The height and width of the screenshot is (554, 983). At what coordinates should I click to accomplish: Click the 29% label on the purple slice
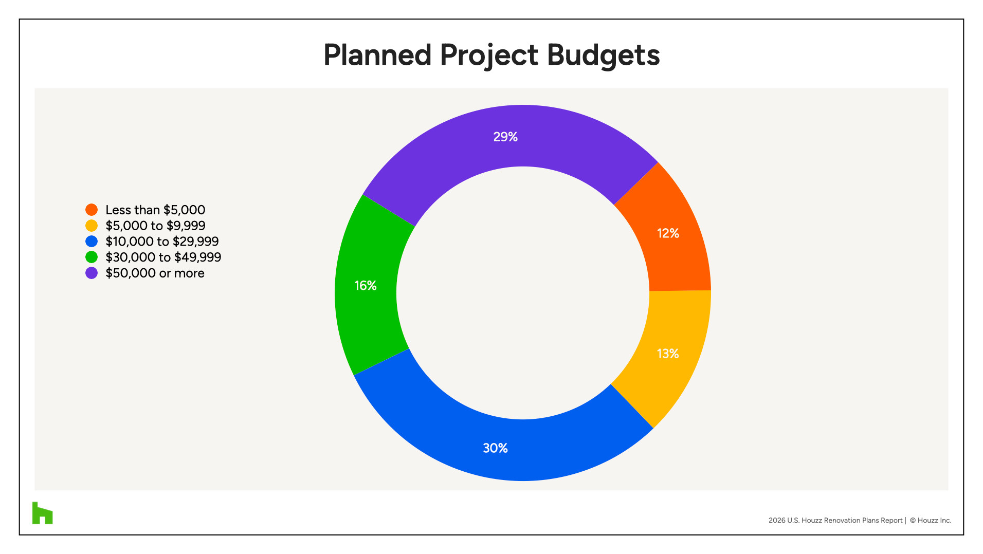(505, 137)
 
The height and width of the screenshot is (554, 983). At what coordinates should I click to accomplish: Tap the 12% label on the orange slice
(668, 233)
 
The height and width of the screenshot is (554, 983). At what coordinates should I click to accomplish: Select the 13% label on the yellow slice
(667, 354)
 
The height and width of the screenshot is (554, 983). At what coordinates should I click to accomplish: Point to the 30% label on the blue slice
(495, 448)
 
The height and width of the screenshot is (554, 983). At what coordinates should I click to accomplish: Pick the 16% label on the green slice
(365, 285)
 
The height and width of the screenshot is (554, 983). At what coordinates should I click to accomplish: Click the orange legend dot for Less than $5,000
(92, 210)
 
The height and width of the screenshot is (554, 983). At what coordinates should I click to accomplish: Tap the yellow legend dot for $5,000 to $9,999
(92, 226)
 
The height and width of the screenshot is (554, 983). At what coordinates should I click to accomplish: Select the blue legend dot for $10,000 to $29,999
(92, 242)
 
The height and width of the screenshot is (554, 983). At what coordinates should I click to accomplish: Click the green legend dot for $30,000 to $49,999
(92, 257)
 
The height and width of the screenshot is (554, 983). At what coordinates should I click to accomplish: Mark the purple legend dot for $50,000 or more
(92, 273)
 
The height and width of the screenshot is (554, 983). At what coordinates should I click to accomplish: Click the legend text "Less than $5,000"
(155, 210)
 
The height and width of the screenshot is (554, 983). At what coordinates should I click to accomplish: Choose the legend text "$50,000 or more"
(155, 273)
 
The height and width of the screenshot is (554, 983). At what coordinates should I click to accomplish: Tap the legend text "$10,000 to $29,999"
(162, 242)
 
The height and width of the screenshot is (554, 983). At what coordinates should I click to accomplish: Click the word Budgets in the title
(603, 55)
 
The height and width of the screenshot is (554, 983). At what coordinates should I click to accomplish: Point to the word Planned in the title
(377, 55)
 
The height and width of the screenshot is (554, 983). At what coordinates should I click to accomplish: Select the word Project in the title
(489, 55)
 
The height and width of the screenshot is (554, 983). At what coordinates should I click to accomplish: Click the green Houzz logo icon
(43, 513)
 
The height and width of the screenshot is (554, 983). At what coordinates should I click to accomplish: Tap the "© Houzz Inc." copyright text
(931, 520)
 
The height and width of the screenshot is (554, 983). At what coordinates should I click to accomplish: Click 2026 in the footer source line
(777, 520)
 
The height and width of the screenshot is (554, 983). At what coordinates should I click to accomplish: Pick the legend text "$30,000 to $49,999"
(163, 257)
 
